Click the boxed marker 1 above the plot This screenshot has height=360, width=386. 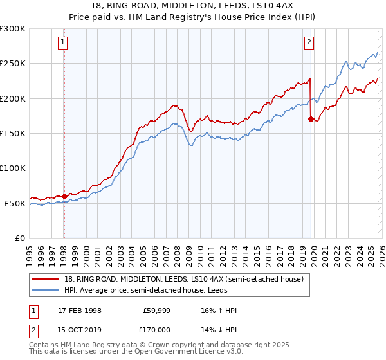[x=63, y=43]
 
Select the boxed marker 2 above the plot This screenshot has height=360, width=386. [x=309, y=43]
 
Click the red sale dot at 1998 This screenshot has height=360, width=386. [x=64, y=196]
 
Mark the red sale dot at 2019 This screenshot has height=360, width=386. [x=311, y=119]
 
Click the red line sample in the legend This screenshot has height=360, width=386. [x=46, y=279]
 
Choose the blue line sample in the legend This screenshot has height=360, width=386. [x=46, y=290]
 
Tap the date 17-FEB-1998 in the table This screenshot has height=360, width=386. [x=79, y=310]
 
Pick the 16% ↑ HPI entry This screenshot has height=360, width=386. [x=219, y=310]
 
